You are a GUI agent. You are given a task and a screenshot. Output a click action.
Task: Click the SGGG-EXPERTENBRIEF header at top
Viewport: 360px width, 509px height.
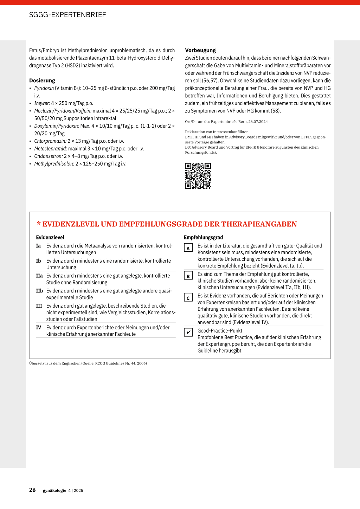point(67,15)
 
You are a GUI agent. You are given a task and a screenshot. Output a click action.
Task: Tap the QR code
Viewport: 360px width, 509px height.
point(198,176)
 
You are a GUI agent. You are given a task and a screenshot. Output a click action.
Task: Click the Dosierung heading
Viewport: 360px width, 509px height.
point(42,80)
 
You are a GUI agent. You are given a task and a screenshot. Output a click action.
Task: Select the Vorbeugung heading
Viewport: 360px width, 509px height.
point(200,50)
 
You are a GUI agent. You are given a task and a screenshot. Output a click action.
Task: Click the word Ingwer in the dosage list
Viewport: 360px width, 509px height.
point(42,103)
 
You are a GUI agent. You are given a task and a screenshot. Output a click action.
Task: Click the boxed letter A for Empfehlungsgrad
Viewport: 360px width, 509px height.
point(188,248)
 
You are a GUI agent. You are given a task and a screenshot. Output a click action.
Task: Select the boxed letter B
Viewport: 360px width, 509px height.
point(188,276)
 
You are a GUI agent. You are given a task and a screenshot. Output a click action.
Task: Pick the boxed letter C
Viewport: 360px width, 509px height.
point(188,298)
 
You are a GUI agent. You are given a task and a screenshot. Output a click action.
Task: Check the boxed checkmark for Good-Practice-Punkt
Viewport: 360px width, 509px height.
point(188,332)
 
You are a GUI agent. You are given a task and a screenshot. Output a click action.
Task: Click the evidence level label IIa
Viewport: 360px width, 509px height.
point(39,276)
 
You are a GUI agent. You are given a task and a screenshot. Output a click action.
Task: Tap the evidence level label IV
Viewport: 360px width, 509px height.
point(39,328)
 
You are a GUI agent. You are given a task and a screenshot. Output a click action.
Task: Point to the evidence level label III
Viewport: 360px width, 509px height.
point(39,306)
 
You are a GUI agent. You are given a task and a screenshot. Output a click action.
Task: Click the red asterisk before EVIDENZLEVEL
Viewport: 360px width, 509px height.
point(39,224)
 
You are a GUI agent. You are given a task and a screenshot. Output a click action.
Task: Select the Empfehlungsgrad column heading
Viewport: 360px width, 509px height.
point(203,238)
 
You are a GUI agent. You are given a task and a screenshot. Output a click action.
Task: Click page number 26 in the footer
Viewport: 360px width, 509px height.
point(32,490)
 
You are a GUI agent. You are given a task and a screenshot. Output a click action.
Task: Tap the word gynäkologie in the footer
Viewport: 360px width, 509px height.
point(54,490)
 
